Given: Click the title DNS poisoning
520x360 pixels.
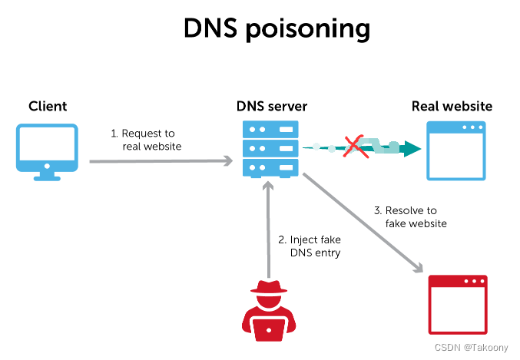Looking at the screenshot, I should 277,28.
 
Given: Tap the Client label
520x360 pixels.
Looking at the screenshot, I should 48,106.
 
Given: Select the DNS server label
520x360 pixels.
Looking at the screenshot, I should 269,106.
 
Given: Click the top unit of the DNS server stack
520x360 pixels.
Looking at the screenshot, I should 269,128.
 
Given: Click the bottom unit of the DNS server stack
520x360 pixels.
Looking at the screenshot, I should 269,167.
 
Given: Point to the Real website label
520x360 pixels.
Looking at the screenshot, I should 452,106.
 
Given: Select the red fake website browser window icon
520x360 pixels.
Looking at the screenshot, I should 458,303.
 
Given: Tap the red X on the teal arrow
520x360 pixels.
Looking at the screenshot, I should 354,145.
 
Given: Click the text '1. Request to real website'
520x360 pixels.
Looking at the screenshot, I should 147,140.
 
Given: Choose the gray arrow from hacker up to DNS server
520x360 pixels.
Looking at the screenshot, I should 269,230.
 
